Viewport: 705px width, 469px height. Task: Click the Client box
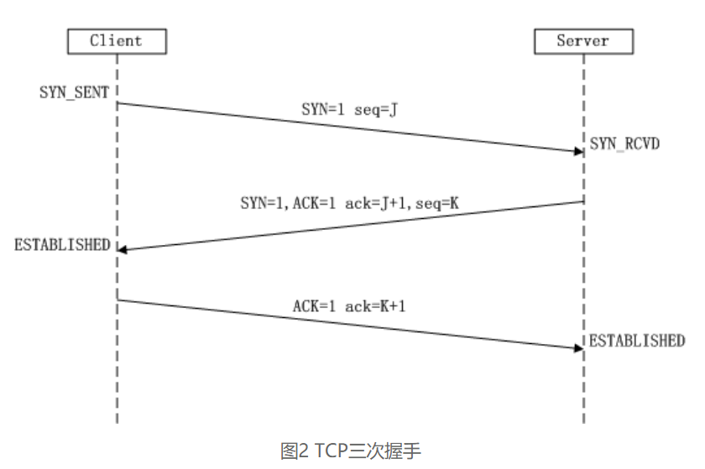pos(117,40)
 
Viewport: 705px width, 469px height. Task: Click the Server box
pos(582,40)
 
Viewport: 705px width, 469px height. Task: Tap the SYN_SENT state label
pos(74,92)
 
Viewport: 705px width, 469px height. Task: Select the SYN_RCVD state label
pos(624,143)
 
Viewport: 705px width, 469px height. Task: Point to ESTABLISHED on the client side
pos(62,245)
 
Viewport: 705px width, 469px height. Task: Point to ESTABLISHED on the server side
pos(636,341)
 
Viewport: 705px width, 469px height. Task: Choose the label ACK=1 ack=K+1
pos(349,305)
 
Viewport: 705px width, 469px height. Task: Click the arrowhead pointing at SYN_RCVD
pos(578,151)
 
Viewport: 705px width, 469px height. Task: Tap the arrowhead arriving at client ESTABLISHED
pos(123,249)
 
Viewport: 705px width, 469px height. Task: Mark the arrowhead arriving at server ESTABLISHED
pos(578,347)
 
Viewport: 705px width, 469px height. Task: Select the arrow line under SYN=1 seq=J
pos(348,127)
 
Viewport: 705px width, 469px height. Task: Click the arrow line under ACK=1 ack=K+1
pos(348,323)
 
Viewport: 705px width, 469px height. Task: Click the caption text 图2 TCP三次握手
pos(350,451)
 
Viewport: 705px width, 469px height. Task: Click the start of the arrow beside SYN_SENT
pos(118,103)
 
